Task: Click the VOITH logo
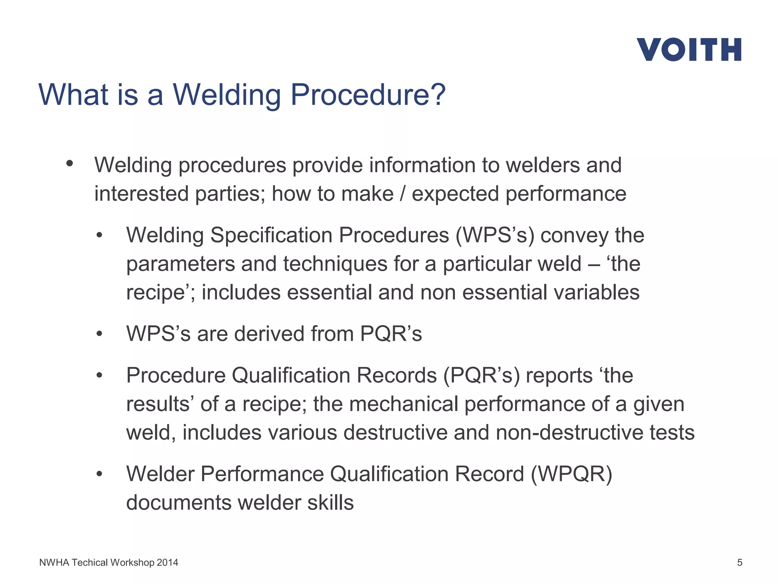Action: tap(689, 49)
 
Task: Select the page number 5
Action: tap(739, 562)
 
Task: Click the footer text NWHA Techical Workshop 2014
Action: tap(109, 562)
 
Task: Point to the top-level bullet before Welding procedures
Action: tap(69, 163)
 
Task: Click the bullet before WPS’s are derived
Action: tap(100, 334)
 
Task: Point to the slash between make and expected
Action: tap(403, 194)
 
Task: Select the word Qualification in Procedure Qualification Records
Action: tap(291, 375)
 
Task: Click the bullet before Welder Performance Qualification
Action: tap(100, 474)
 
